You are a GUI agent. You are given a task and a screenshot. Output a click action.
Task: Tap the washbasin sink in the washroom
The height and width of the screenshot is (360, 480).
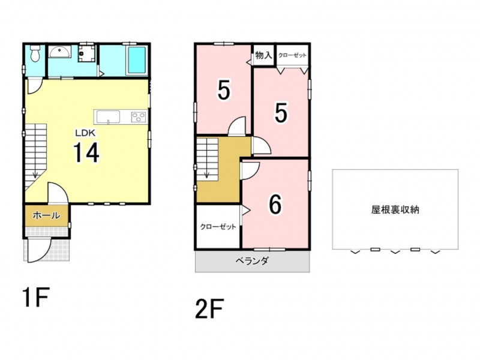point(59,52)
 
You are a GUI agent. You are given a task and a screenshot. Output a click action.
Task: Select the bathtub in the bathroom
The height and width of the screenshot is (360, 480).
point(136,61)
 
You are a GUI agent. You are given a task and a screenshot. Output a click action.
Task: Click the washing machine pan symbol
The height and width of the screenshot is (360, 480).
point(86,53)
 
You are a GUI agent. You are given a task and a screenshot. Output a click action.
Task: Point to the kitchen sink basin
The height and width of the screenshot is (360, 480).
point(108,117)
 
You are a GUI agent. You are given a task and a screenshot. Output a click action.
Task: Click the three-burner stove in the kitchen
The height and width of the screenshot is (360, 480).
point(139,117)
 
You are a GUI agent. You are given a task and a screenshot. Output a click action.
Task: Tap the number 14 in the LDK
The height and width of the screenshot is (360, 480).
point(86,153)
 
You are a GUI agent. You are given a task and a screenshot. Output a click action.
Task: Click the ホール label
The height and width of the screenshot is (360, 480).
point(46,215)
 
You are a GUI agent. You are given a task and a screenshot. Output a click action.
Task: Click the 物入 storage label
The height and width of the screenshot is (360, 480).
point(263,55)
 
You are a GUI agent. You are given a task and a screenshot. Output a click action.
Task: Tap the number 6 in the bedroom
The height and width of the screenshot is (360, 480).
point(275,205)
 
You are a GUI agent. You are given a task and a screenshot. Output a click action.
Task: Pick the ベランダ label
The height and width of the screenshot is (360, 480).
point(252,261)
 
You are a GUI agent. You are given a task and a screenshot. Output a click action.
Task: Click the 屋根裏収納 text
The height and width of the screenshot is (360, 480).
point(395,209)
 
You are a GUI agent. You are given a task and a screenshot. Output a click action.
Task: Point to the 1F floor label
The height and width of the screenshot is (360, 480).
point(36,297)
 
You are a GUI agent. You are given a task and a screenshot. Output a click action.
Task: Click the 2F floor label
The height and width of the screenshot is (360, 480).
point(209,308)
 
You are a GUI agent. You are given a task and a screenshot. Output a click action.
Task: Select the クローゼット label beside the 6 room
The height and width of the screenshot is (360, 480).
point(218,227)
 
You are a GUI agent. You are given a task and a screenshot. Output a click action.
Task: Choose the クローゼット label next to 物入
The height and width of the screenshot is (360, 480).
point(292,55)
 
